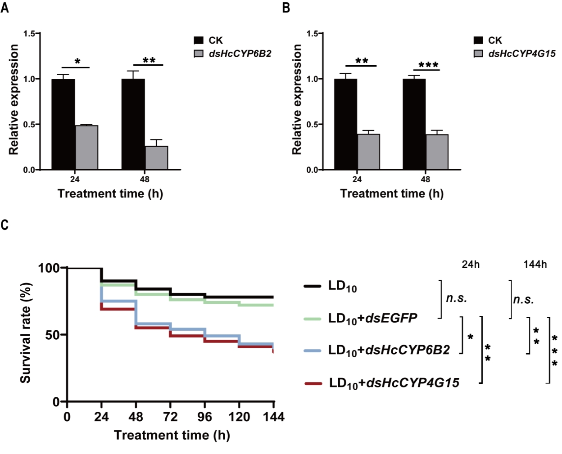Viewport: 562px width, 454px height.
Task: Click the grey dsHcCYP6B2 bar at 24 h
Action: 86,148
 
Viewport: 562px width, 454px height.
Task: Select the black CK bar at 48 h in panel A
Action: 133,124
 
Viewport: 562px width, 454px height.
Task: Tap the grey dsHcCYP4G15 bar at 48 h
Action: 437,152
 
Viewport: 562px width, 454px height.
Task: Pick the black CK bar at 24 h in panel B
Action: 345,124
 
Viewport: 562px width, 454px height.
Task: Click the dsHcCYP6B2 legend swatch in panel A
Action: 199,54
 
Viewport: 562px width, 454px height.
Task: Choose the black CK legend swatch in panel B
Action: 478,40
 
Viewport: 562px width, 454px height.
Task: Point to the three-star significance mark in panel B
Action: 428,65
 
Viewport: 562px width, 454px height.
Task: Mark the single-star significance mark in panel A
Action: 77,62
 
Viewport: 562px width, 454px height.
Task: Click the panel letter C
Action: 5,225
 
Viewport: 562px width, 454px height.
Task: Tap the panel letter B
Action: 286,8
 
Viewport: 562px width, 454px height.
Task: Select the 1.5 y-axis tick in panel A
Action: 29,34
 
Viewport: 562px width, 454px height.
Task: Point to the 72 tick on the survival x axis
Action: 170,417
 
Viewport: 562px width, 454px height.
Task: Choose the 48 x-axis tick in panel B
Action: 426,180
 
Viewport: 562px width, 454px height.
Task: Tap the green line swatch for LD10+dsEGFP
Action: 313,319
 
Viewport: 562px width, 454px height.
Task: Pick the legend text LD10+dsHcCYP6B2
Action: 389,350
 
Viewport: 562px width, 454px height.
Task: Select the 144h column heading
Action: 535,265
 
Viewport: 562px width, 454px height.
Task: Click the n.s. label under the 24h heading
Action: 456,298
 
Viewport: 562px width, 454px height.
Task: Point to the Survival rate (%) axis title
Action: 26,333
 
